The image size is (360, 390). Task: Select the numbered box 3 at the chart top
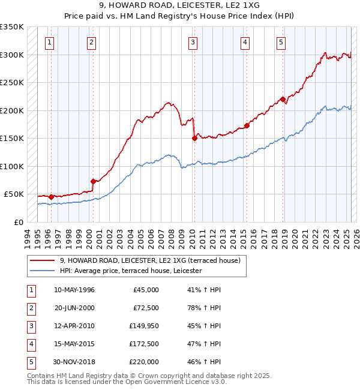(x=193, y=42)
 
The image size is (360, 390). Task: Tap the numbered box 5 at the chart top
(x=281, y=42)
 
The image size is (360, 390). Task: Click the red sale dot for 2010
(x=194, y=138)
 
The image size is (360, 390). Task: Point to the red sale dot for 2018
(x=283, y=100)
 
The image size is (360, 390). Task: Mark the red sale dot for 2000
(x=93, y=181)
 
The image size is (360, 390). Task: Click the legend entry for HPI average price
(x=130, y=271)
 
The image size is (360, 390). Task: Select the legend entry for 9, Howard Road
(x=150, y=260)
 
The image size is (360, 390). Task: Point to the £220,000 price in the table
(x=144, y=362)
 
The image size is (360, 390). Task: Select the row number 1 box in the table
(x=31, y=290)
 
